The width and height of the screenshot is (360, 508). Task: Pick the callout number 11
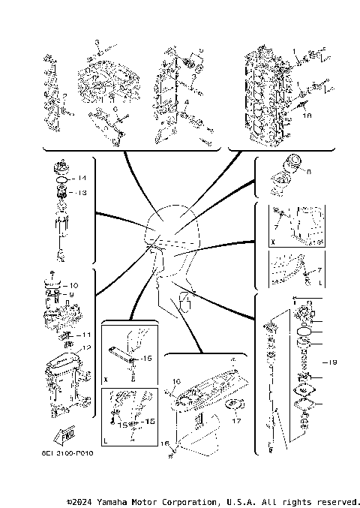(86, 335)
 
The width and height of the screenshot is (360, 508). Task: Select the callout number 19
(332, 362)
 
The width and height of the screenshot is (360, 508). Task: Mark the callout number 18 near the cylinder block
(306, 117)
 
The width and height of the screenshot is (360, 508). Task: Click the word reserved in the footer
(337, 501)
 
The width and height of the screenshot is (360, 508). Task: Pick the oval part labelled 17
(235, 407)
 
